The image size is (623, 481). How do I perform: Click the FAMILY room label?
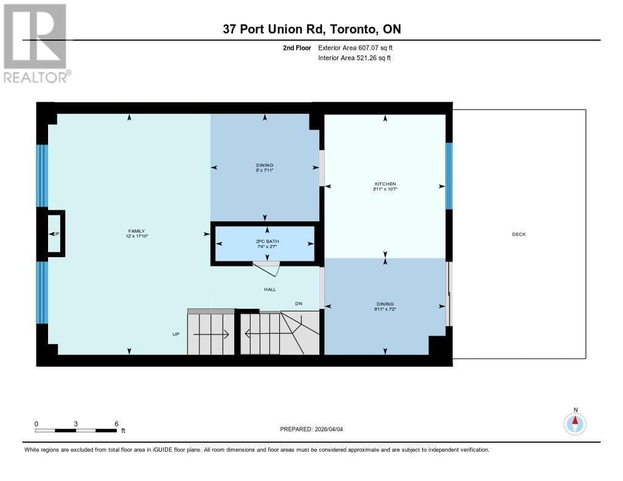click(x=136, y=231)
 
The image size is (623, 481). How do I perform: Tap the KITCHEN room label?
click(x=385, y=184)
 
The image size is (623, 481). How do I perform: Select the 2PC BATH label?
click(x=264, y=241)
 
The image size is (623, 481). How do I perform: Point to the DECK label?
click(x=518, y=234)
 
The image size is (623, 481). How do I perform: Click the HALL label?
click(x=270, y=289)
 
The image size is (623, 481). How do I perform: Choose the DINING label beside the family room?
click(x=264, y=165)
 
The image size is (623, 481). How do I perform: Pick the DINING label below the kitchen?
click(x=385, y=304)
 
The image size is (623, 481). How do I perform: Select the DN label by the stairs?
click(x=298, y=303)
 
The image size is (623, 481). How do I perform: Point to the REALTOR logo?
click(x=36, y=43)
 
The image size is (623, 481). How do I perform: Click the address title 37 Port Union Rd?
click(x=311, y=29)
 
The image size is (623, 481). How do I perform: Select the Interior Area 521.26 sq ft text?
click(x=354, y=58)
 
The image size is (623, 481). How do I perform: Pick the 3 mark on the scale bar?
click(x=76, y=424)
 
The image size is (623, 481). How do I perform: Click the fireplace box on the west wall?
click(x=55, y=234)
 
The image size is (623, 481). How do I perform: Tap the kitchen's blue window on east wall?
click(x=449, y=176)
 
